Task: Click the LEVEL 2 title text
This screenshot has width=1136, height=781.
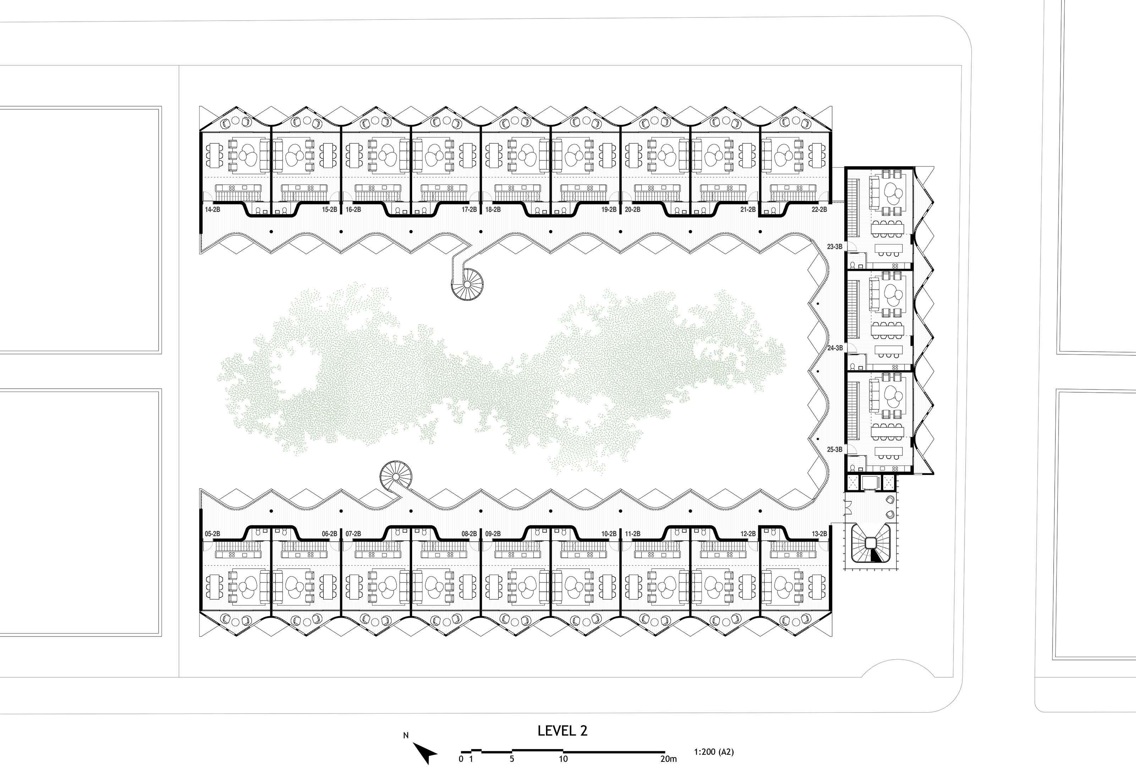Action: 562,731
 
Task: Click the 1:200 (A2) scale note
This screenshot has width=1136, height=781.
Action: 714,752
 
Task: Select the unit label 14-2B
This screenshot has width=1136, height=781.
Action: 212,209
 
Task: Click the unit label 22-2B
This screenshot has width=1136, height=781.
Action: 819,209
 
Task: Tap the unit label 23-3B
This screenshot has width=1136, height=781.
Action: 835,247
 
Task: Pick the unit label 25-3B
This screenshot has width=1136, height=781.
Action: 835,449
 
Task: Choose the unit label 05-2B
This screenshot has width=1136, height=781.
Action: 212,534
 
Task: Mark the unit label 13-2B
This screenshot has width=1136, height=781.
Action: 819,534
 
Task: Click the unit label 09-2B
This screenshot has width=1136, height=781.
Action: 493,534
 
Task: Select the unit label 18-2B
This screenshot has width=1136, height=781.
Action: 493,209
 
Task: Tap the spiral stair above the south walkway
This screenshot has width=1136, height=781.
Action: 396,475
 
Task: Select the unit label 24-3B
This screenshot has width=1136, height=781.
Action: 835,348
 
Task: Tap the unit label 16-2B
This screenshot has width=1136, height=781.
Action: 353,209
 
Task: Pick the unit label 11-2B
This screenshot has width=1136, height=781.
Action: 633,534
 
